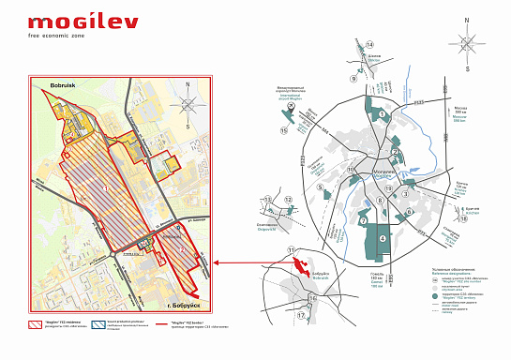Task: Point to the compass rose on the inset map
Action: [x=188, y=105]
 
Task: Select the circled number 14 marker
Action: [x=369, y=45]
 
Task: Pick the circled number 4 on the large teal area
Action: [x=382, y=237]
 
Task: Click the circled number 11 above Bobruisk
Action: [x=292, y=249]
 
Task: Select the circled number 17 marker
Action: [x=301, y=315]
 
